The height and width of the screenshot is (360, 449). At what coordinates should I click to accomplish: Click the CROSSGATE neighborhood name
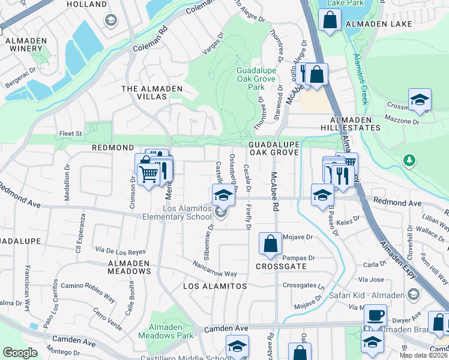tap(281, 266)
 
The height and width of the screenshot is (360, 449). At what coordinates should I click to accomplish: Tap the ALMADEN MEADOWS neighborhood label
tap(129, 267)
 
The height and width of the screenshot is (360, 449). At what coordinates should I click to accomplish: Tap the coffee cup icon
tap(376, 315)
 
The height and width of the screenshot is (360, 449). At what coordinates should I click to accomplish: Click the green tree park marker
tap(409, 160)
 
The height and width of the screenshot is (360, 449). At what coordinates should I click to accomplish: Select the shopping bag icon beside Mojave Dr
tap(270, 244)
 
